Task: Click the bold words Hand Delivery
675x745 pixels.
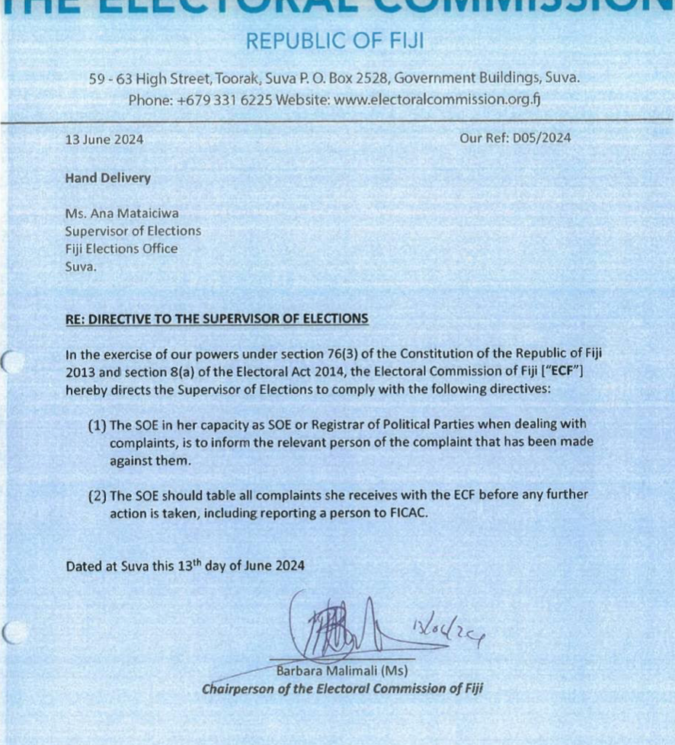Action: (x=108, y=179)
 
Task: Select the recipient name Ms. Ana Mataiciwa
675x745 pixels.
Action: (x=122, y=214)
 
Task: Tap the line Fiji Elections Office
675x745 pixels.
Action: (x=121, y=249)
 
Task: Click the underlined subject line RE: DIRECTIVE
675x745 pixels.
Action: (x=217, y=318)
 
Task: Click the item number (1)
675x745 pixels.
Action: (x=97, y=424)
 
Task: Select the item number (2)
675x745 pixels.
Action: (x=97, y=495)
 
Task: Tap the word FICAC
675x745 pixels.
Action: (x=407, y=513)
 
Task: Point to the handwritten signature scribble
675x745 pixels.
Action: (x=335, y=628)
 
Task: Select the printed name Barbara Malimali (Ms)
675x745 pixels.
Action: (x=342, y=672)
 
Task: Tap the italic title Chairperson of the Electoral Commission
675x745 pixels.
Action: (x=342, y=689)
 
